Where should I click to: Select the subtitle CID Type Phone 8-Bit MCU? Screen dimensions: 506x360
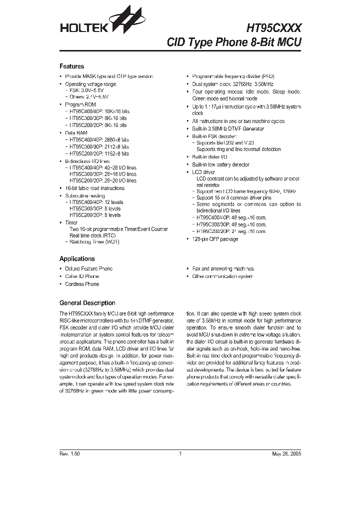coord(234,42)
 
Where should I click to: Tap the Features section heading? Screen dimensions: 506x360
coord(71,66)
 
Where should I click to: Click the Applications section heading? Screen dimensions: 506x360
coord(76,259)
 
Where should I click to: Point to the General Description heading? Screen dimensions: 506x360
coord(87,303)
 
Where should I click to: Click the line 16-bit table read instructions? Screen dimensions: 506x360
coord(94,188)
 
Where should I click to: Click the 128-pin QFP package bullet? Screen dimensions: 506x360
coord(215,239)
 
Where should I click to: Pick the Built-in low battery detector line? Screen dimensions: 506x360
coord(220,164)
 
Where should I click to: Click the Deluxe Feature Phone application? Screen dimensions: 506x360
coord(88,268)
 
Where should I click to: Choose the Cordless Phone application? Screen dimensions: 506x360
coord(82,284)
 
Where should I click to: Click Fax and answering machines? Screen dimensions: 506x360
coord(222,268)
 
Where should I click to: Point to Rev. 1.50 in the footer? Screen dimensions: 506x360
coord(69,454)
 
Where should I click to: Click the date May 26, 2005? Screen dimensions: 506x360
coord(286,454)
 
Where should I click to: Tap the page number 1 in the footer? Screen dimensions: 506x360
coord(179,454)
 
